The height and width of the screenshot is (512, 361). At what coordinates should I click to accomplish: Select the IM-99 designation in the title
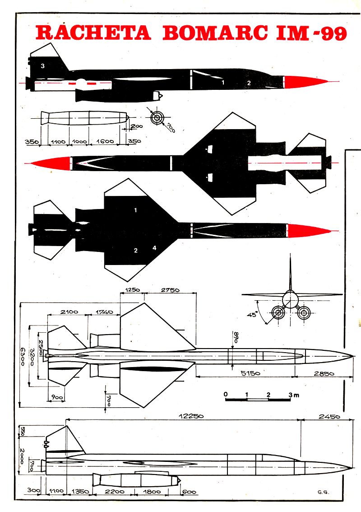tap(310, 33)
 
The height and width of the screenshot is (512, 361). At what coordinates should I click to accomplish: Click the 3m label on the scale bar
tap(293, 395)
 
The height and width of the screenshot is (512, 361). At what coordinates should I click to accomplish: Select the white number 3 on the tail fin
tap(42, 66)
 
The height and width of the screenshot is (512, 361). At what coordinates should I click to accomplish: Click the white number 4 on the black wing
tap(154, 247)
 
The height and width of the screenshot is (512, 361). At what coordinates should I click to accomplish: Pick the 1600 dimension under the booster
tap(105, 141)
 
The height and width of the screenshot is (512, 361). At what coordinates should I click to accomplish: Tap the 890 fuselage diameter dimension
tap(236, 337)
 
